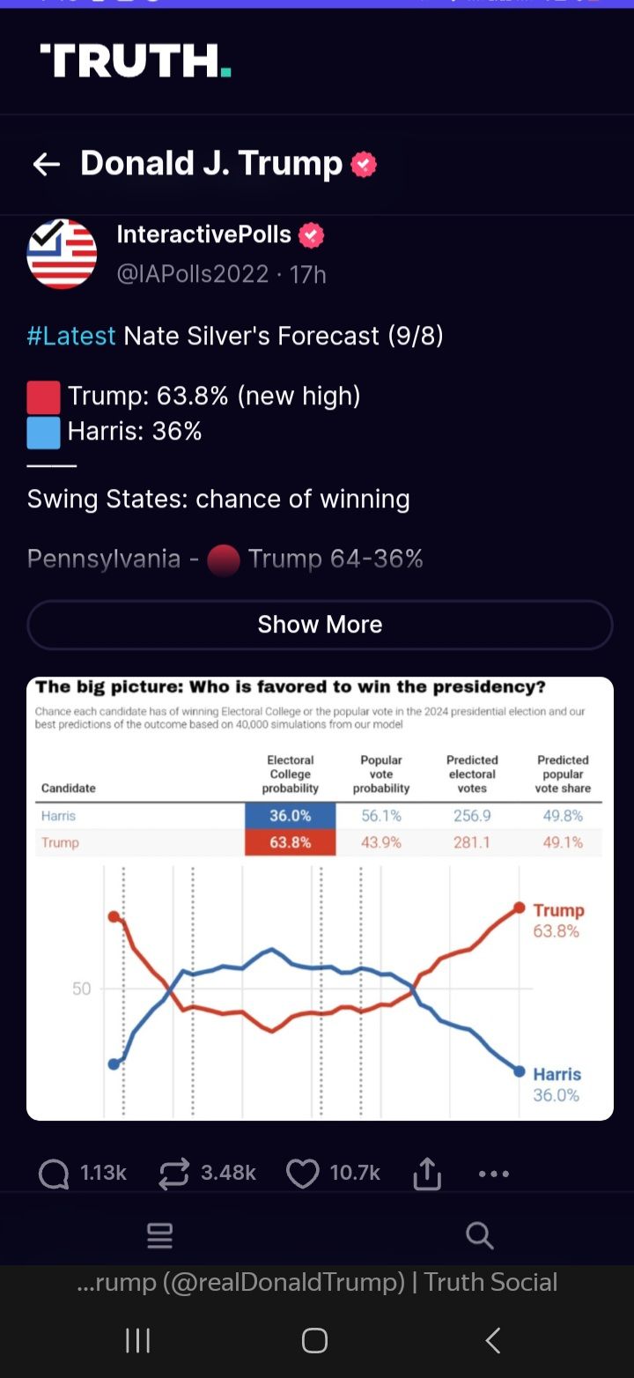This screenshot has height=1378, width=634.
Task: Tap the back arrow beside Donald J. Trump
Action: pyautogui.click(x=46, y=164)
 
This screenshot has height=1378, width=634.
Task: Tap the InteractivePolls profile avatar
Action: pyautogui.click(x=62, y=254)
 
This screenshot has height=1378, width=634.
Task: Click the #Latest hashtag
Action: pyautogui.click(x=71, y=336)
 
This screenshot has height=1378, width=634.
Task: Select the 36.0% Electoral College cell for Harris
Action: pyautogui.click(x=290, y=816)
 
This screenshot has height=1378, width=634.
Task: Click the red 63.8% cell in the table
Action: pyautogui.click(x=290, y=842)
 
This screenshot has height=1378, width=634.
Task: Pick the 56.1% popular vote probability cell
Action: pyautogui.click(x=380, y=816)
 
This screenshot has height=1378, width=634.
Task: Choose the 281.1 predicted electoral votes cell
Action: pyautogui.click(x=472, y=842)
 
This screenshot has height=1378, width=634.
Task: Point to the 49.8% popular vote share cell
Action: pyautogui.click(x=563, y=816)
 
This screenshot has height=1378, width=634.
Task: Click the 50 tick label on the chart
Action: pyautogui.click(x=81, y=989)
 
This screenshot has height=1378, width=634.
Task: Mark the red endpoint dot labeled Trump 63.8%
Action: pyautogui.click(x=519, y=908)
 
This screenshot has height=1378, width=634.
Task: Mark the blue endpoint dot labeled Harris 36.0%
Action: pyautogui.click(x=519, y=1071)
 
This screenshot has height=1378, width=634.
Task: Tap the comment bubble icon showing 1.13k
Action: pyautogui.click(x=55, y=1174)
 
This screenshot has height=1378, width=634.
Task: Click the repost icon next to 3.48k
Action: pyautogui.click(x=173, y=1174)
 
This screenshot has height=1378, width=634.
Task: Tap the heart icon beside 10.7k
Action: pyautogui.click(x=303, y=1174)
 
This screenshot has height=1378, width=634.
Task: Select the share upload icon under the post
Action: pyautogui.click(x=427, y=1174)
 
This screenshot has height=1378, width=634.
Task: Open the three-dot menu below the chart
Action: pyautogui.click(x=493, y=1174)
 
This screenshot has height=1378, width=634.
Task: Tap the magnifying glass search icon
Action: pyautogui.click(x=479, y=1235)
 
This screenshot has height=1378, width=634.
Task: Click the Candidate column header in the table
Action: pyautogui.click(x=69, y=788)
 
